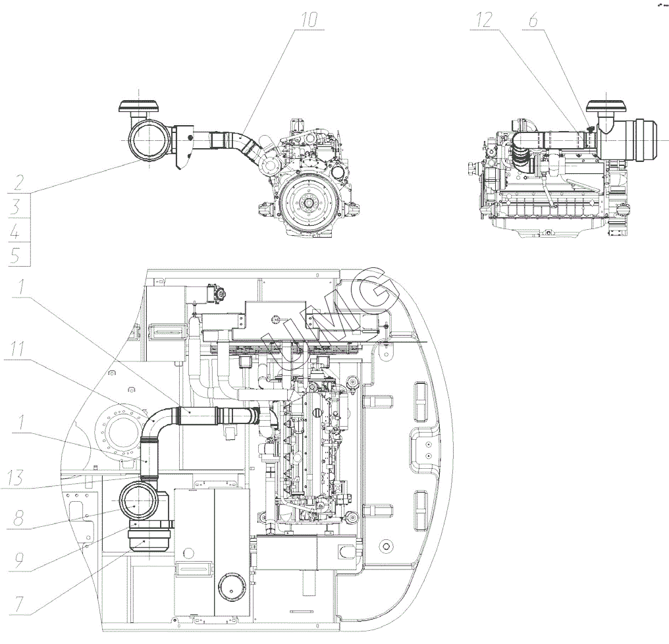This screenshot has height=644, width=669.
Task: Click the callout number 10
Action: [x=308, y=20]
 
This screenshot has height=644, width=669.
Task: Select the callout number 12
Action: [x=484, y=20]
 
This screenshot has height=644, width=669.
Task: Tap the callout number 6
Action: [x=531, y=20]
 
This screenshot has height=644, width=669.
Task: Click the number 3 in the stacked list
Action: [x=18, y=207]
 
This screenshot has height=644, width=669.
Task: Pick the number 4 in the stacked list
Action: [x=18, y=232]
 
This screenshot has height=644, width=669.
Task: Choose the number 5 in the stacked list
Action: [x=18, y=255]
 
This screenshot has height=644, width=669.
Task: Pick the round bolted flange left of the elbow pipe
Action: [x=124, y=434]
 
